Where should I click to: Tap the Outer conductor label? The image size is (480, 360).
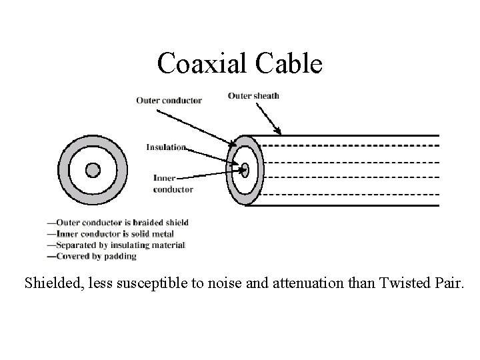pyautogui.click(x=169, y=101)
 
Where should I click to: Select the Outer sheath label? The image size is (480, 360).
pyautogui.click(x=253, y=95)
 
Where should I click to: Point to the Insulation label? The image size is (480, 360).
pyautogui.click(x=167, y=147)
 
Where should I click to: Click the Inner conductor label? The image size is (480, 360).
pyautogui.click(x=173, y=184)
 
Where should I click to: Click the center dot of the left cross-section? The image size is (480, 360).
pyautogui.click(x=93, y=169)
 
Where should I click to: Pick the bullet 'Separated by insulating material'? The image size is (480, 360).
pyautogui.click(x=116, y=245)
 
